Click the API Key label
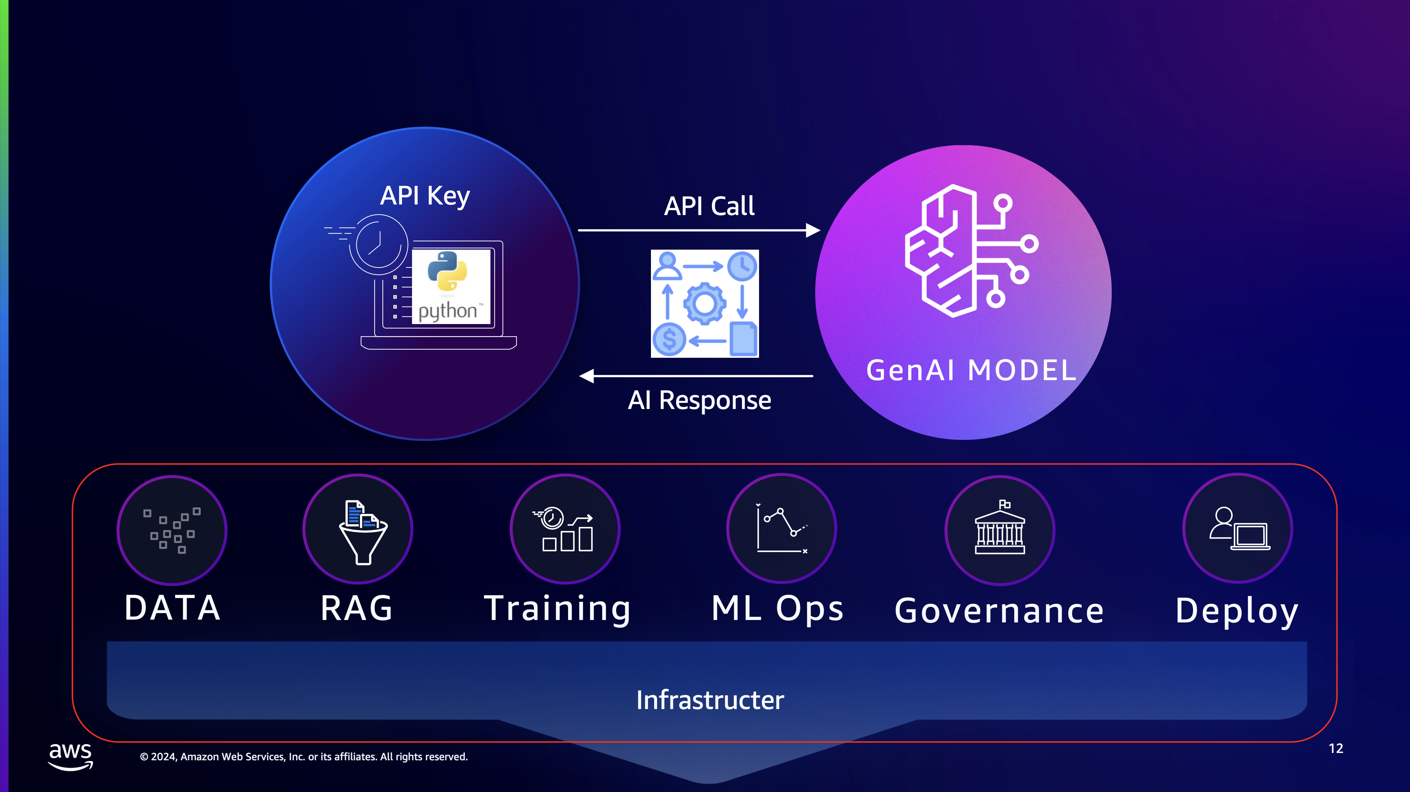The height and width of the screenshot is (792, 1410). [x=425, y=196]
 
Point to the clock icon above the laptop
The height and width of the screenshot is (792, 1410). [x=378, y=244]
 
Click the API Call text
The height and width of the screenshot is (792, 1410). [x=709, y=206]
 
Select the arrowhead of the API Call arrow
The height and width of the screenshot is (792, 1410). [x=813, y=231]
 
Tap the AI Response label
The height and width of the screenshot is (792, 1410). [x=700, y=400]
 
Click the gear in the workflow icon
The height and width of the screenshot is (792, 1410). [x=705, y=303]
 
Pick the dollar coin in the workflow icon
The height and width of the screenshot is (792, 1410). [x=669, y=339]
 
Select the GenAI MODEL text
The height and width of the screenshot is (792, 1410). [x=972, y=370]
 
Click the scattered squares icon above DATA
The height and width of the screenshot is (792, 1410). [x=172, y=530]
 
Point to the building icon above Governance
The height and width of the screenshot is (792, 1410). [x=1000, y=527]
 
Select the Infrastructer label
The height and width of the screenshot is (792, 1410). [x=710, y=700]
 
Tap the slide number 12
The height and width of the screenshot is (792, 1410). [x=1336, y=749]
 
